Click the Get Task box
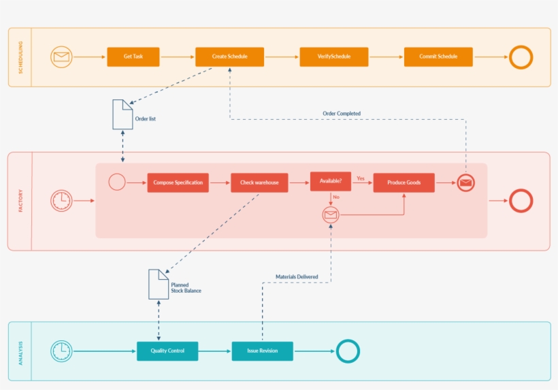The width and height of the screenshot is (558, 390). [133, 57]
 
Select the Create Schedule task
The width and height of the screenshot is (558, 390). [229, 57]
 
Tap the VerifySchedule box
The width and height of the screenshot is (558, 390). [333, 57]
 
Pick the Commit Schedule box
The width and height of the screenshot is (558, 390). [438, 57]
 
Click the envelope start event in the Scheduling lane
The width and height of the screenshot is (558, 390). [61, 57]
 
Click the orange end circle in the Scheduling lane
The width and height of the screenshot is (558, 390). [521, 57]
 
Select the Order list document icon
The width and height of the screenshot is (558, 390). [122, 114]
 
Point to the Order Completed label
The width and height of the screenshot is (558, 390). [342, 114]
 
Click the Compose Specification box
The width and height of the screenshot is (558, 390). [178, 182]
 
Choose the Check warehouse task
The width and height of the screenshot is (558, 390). [259, 182]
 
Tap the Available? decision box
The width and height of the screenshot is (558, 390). [331, 181]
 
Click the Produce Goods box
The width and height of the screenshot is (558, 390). [404, 182]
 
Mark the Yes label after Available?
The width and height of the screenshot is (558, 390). [361, 178]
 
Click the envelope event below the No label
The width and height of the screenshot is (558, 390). [331, 215]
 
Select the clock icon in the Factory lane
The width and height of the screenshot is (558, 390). [61, 201]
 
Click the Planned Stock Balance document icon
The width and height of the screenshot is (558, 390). [159, 284]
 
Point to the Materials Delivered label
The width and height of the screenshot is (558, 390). [296, 277]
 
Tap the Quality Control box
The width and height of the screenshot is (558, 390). [167, 351]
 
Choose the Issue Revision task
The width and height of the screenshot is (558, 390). [262, 351]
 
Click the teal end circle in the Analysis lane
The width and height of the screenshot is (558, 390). [348, 351]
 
